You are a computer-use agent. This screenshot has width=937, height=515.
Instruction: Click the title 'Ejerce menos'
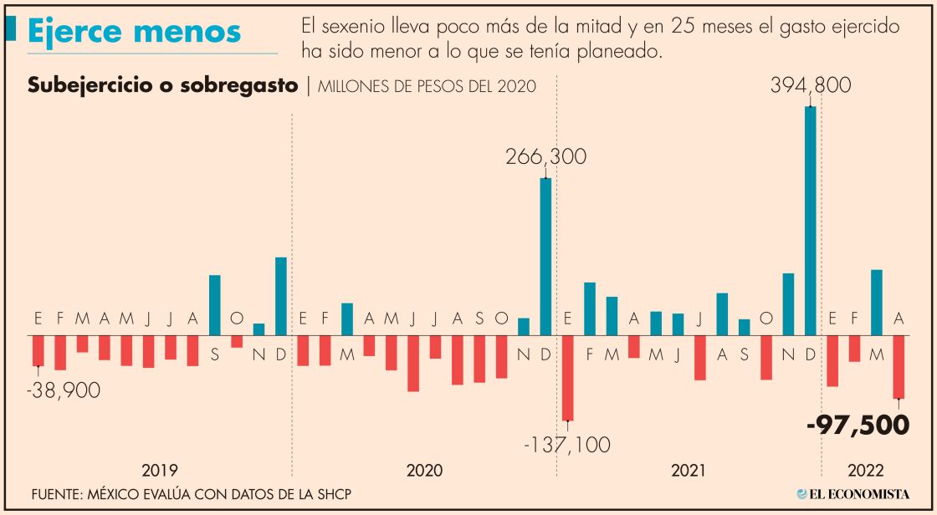click(x=134, y=31)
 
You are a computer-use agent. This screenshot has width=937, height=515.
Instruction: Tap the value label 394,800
click(x=811, y=86)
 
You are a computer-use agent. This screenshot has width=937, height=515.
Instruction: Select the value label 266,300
click(x=545, y=157)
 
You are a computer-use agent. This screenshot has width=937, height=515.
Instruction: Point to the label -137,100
click(x=566, y=445)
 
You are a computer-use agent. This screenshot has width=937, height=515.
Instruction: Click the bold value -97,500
click(x=858, y=425)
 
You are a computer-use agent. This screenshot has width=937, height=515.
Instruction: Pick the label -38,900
click(x=63, y=390)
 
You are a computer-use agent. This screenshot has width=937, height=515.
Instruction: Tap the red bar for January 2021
click(x=568, y=378)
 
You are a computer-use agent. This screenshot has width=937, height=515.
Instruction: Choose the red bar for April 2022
click(x=899, y=367)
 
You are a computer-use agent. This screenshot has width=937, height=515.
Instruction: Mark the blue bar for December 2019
click(x=281, y=296)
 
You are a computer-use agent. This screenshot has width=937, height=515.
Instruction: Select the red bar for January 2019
click(x=38, y=350)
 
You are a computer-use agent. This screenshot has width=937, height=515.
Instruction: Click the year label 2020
click(x=424, y=471)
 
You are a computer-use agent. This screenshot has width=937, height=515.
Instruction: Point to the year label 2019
click(x=159, y=471)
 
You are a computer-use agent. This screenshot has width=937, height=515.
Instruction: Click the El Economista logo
click(x=853, y=494)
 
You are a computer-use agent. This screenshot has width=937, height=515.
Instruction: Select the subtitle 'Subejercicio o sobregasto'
click(x=163, y=86)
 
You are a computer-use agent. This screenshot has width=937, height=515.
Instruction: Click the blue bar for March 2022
click(x=877, y=303)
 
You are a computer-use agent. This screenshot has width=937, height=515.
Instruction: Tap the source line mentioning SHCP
click(x=191, y=495)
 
